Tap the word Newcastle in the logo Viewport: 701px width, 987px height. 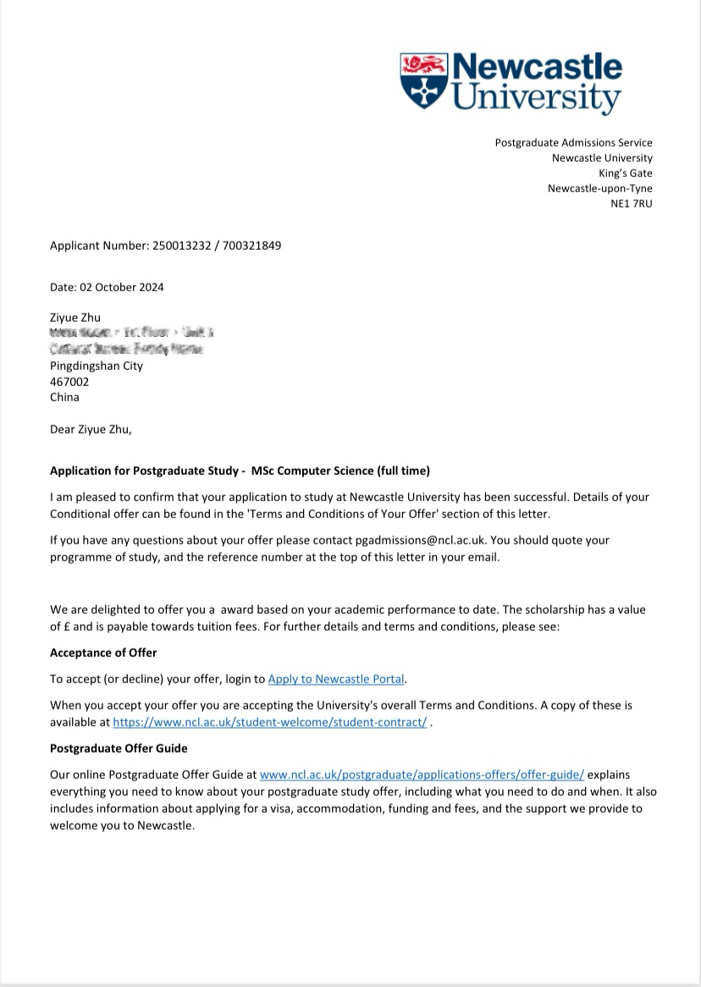(537, 67)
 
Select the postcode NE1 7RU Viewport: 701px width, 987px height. (632, 204)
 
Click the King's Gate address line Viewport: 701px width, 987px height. (626, 174)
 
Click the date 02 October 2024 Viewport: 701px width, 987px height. (122, 287)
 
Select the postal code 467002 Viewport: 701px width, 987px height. (69, 382)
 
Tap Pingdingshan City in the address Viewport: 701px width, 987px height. (97, 367)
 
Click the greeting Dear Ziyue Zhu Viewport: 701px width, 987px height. (91, 429)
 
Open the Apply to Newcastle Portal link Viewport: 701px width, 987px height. (336, 679)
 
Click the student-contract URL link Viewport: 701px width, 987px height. (270, 723)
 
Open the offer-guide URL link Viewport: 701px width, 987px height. (422, 775)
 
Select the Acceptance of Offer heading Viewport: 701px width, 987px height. (103, 653)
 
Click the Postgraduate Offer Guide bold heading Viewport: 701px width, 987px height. (119, 748)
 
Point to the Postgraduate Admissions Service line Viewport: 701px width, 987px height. (573, 143)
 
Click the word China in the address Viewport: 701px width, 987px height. (64, 397)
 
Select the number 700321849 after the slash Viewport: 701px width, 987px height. (252, 246)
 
